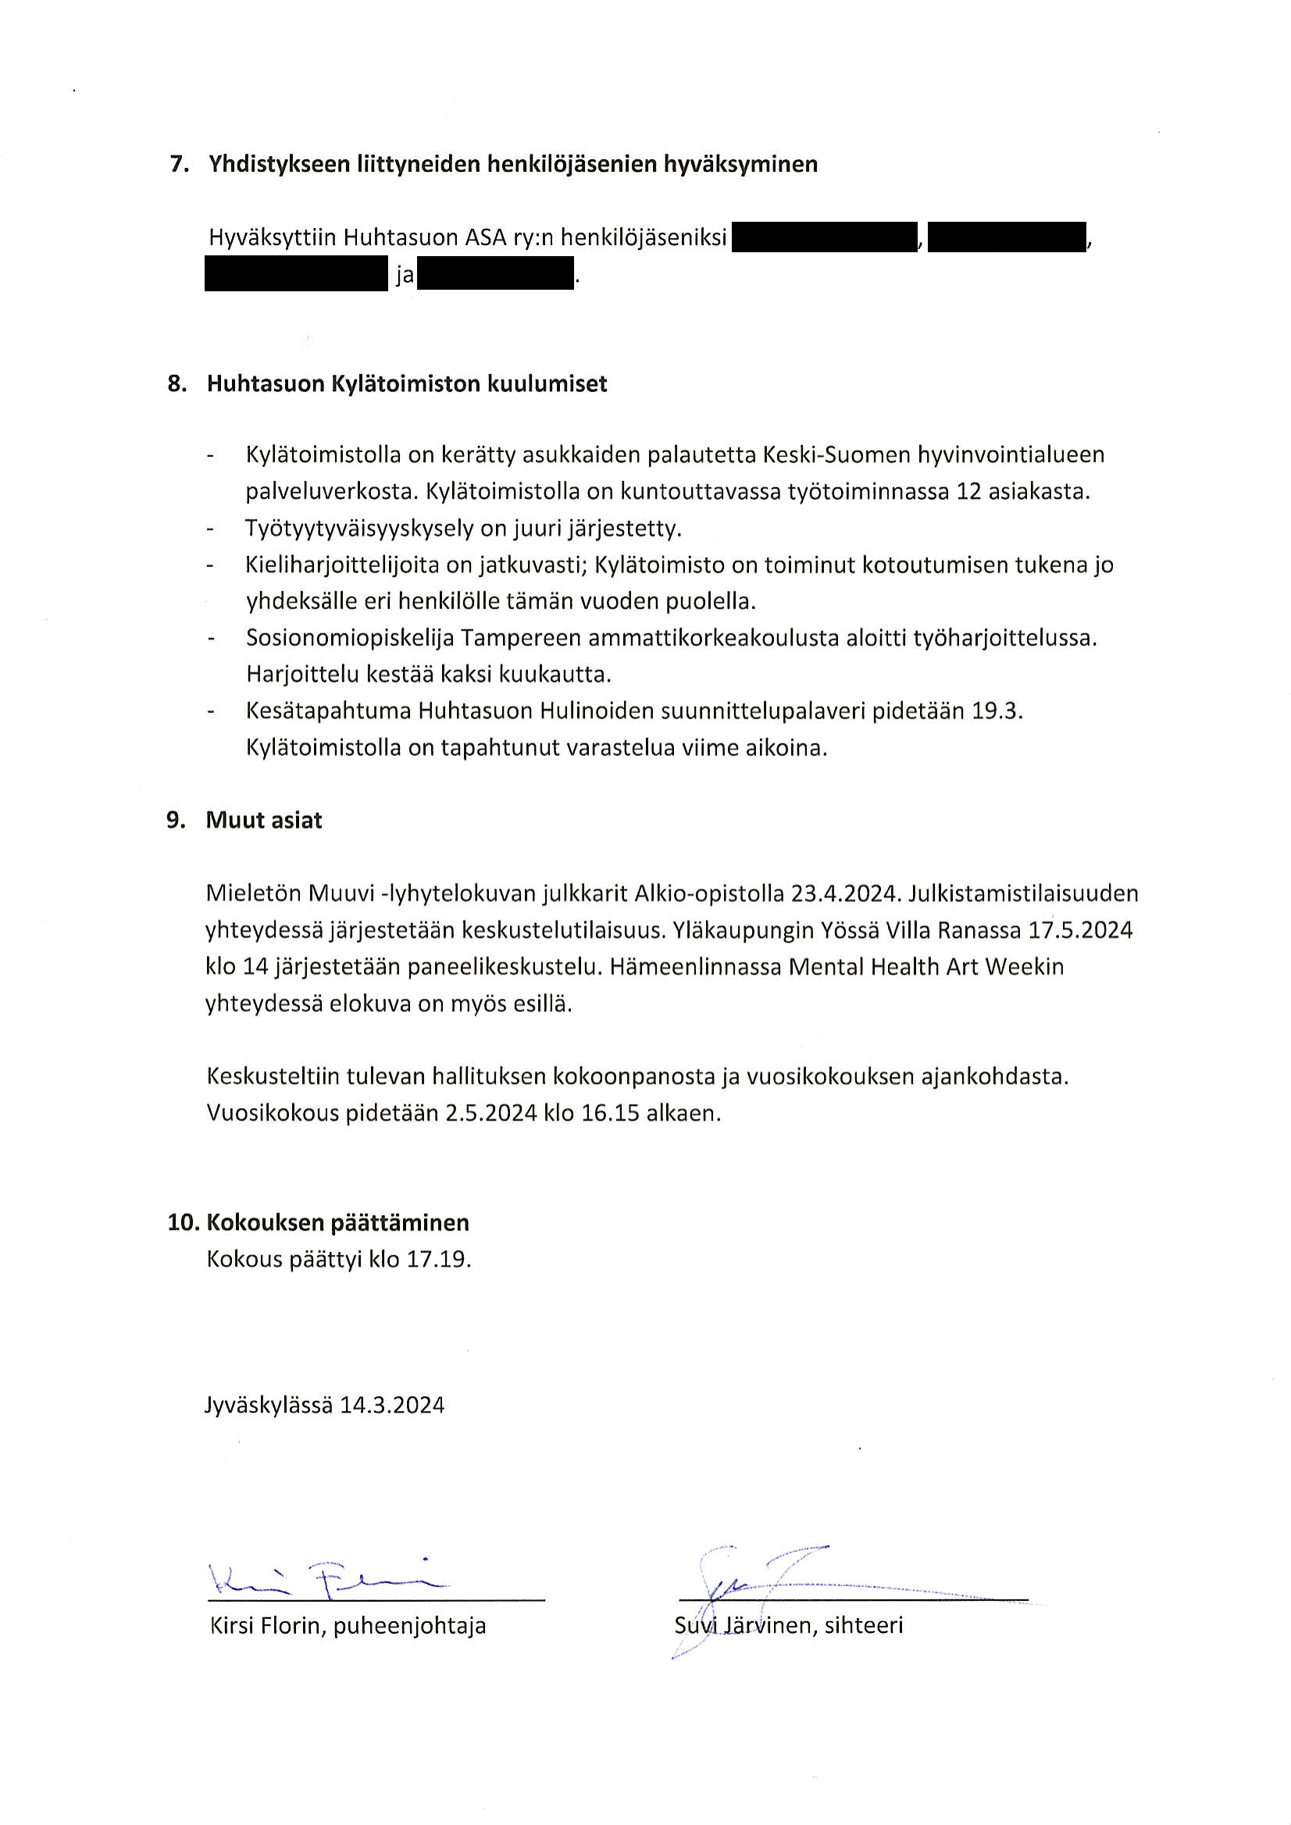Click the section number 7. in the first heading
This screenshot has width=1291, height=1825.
pyautogui.click(x=179, y=165)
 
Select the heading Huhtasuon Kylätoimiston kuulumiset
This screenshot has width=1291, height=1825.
pyautogui.click(x=406, y=384)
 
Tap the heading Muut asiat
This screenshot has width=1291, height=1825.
pyautogui.click(x=264, y=820)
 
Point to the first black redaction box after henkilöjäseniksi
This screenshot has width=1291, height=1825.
pyautogui.click(x=823, y=237)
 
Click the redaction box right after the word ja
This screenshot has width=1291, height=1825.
pyautogui.click(x=494, y=274)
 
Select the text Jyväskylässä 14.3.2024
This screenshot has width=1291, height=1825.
pyautogui.click(x=324, y=1406)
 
